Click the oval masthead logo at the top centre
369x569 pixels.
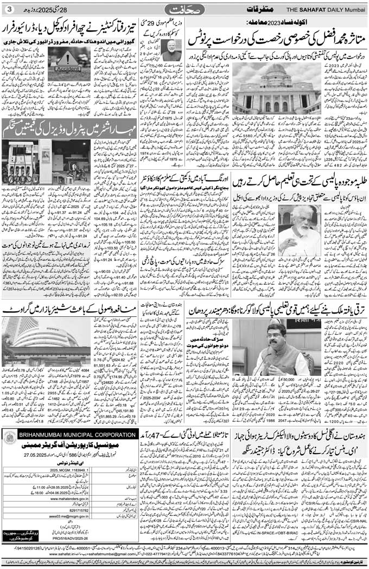coord(184,10)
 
